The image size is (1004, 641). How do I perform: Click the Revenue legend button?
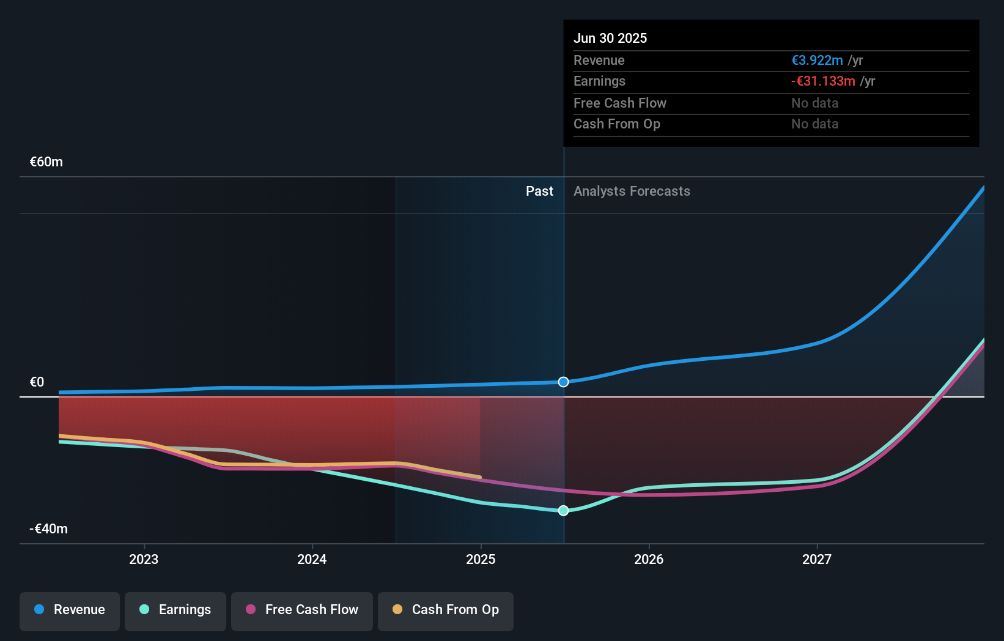70,610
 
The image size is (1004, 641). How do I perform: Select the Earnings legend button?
175,610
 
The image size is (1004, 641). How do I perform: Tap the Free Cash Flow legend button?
302,610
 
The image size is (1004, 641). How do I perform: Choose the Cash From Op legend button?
446,610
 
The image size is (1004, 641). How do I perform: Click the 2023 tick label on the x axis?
144,559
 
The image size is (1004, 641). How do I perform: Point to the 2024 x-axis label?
312,559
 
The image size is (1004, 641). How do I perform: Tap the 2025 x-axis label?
481,559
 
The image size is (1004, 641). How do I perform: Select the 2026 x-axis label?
649,559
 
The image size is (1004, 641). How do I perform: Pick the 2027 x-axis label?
817,559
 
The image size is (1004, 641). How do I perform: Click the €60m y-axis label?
46,162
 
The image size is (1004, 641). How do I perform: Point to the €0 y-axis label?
37,382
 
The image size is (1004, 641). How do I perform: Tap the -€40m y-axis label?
49,529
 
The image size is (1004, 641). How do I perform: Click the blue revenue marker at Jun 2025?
563,382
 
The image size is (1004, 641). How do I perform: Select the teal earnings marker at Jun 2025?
563,510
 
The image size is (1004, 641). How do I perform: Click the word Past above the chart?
539,191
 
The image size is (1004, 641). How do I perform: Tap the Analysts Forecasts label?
632,191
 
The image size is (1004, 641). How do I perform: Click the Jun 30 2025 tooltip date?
610,39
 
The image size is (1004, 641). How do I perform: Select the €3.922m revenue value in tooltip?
817,61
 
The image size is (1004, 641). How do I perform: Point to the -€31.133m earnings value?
823,81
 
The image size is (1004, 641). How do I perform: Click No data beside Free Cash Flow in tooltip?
814,103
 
